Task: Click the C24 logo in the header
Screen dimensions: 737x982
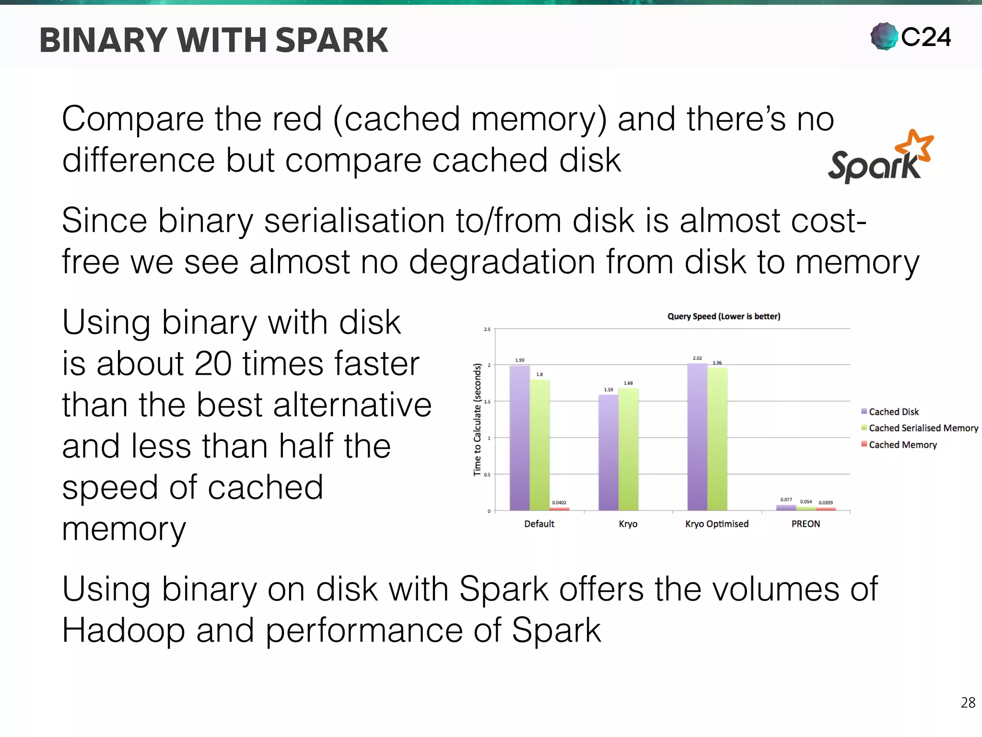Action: [x=911, y=37]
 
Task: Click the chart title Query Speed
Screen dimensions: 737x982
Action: [x=724, y=317]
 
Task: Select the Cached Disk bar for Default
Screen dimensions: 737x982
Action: [x=519, y=438]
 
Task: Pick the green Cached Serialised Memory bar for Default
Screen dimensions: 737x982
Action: [x=539, y=444]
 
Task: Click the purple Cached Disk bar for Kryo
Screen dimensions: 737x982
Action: [x=608, y=452]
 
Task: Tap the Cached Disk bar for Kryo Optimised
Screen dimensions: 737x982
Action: [x=697, y=437]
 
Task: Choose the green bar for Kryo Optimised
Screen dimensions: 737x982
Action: [x=717, y=439]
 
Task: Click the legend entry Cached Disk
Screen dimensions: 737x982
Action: [x=893, y=412]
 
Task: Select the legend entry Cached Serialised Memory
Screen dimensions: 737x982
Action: [x=923, y=428]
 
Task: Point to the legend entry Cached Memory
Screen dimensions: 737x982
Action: [x=902, y=445]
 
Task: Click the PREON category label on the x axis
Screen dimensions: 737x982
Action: [x=806, y=524]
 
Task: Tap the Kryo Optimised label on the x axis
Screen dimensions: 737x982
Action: [x=717, y=524]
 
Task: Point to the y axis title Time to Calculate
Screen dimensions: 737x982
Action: [x=477, y=419]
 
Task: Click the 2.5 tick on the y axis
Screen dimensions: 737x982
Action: [x=487, y=329]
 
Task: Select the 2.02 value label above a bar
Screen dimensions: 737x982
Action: [x=697, y=358]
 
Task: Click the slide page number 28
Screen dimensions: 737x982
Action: [x=968, y=703]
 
